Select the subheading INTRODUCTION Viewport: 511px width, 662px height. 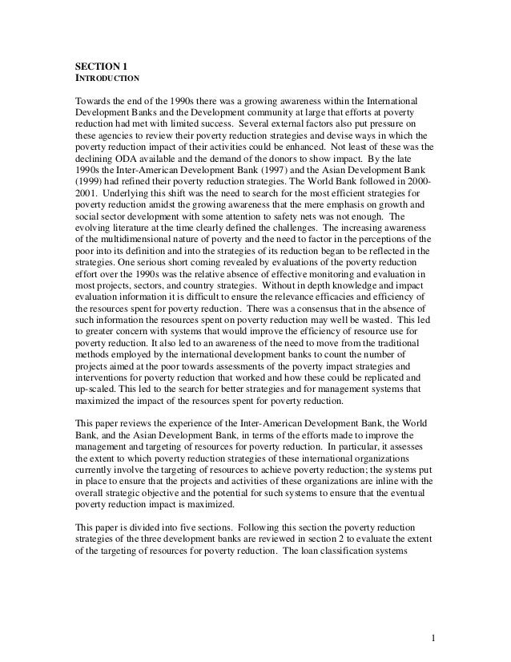point(107,79)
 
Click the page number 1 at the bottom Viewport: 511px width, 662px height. point(432,640)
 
